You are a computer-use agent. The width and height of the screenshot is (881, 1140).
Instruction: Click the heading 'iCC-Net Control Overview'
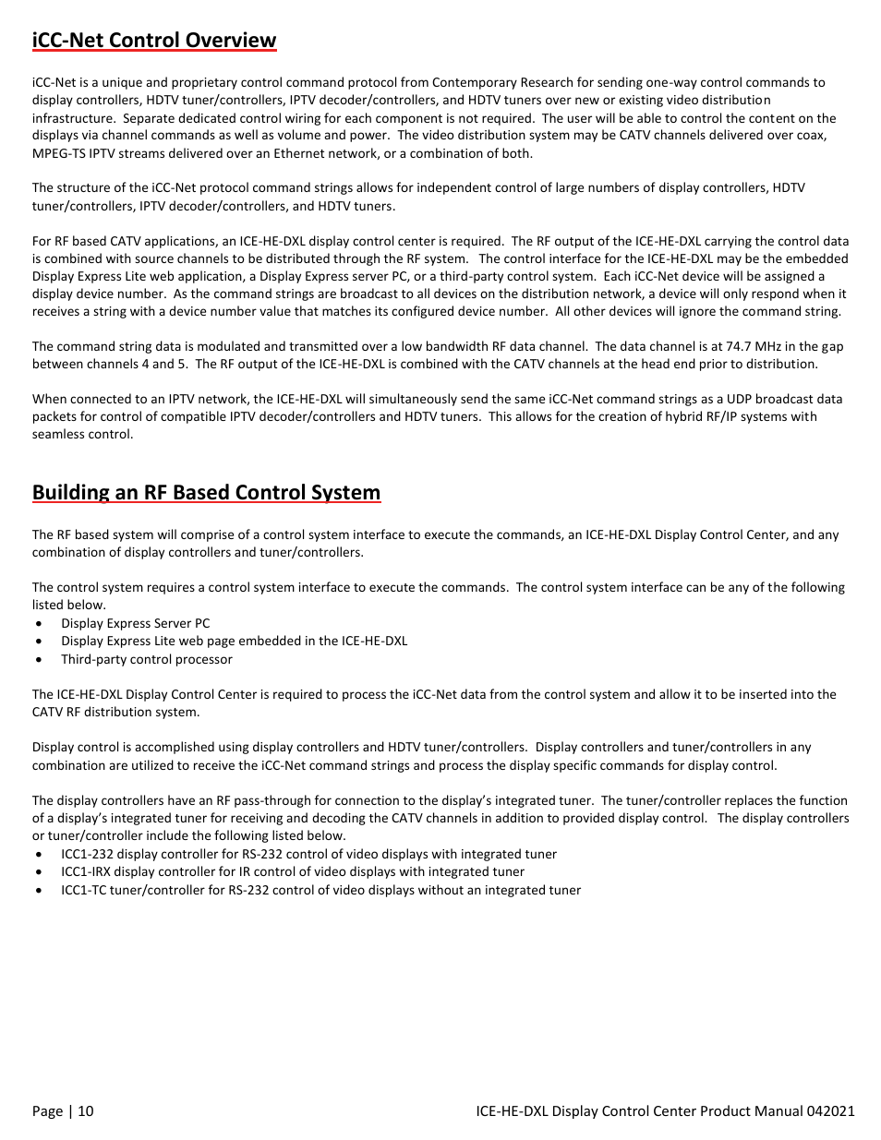[154, 40]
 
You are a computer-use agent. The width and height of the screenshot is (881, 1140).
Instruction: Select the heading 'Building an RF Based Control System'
[206, 492]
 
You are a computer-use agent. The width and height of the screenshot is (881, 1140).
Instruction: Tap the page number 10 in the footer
[86, 1110]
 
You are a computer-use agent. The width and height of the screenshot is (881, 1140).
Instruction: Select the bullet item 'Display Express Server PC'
[135, 623]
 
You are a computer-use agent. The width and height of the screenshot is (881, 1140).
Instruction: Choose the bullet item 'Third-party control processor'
[146, 659]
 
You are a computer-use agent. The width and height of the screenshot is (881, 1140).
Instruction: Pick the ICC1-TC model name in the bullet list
[83, 890]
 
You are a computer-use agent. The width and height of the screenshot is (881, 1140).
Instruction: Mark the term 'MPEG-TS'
[57, 153]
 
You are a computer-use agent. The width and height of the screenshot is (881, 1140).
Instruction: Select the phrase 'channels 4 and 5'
[126, 364]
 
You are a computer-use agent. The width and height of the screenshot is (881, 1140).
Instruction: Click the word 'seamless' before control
[57, 434]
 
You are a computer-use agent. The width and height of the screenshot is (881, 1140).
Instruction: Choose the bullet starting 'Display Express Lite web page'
[234, 641]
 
